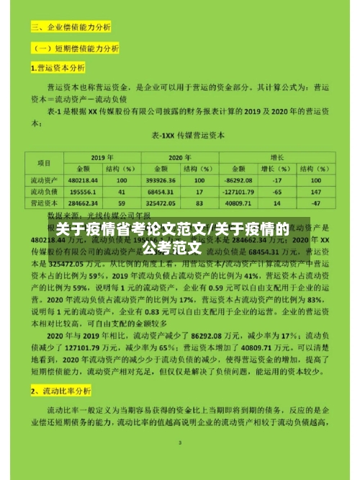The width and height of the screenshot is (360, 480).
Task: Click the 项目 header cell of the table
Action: pyautogui.click(x=44, y=162)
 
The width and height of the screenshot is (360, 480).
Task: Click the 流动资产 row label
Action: pyautogui.click(x=44, y=180)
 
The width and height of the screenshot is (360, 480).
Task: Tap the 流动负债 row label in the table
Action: pyautogui.click(x=44, y=192)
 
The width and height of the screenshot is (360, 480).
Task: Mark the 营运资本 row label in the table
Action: pyautogui.click(x=44, y=204)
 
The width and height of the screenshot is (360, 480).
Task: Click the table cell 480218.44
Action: pyautogui.click(x=84, y=180)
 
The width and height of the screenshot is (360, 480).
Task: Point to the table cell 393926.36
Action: pyautogui.click(x=158, y=180)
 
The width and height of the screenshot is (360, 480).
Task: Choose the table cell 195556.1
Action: pyautogui.click(x=84, y=192)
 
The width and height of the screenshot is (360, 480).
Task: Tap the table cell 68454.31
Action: pyautogui.click(x=158, y=192)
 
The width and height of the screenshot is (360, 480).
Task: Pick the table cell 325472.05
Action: pyautogui.click(x=158, y=204)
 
